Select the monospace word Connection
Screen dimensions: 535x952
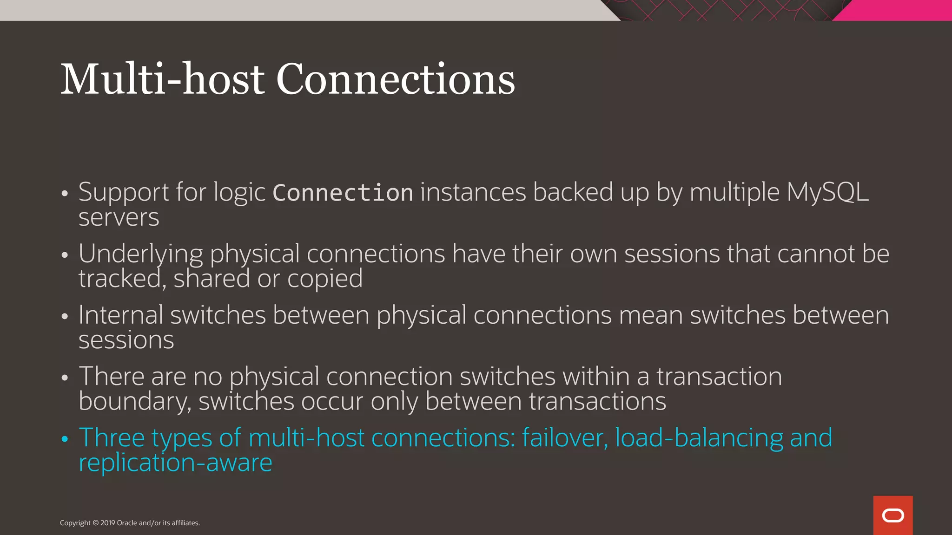343,193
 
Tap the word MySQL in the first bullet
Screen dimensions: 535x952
827,192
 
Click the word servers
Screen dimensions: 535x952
119,217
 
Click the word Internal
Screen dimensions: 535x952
120,315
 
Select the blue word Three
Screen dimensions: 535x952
112,437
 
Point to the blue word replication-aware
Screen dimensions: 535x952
175,463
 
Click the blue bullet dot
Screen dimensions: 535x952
65,438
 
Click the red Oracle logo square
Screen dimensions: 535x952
892,515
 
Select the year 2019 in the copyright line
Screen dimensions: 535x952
107,523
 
